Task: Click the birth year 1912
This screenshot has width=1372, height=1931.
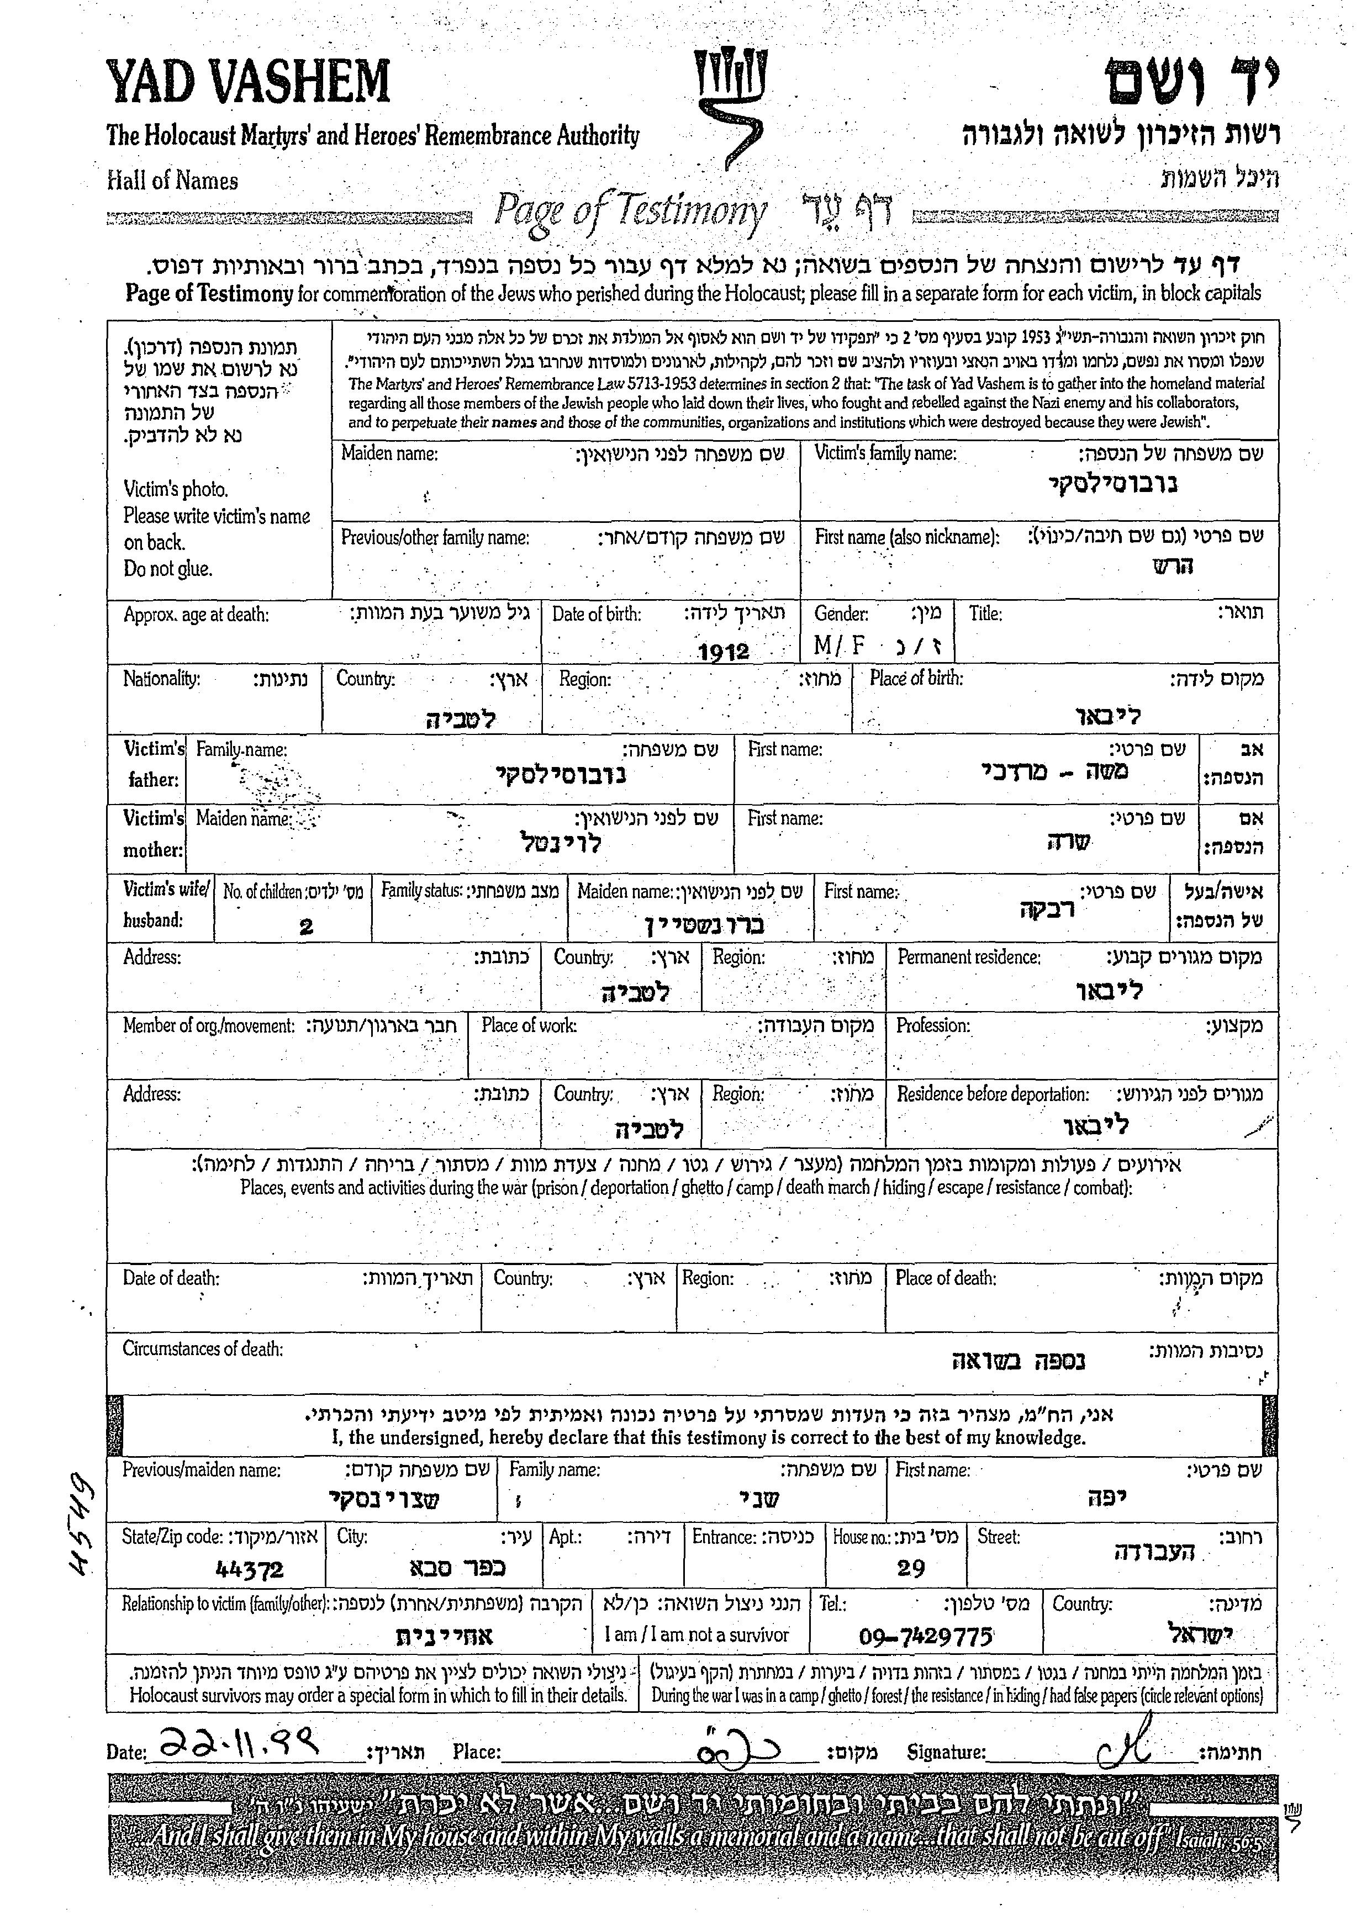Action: [x=724, y=651]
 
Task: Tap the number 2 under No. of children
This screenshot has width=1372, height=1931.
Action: [x=306, y=927]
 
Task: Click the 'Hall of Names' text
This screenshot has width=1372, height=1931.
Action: [x=172, y=181]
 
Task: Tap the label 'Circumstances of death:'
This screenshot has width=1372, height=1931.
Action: [x=203, y=1349]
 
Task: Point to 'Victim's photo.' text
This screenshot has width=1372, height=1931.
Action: [x=176, y=489]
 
